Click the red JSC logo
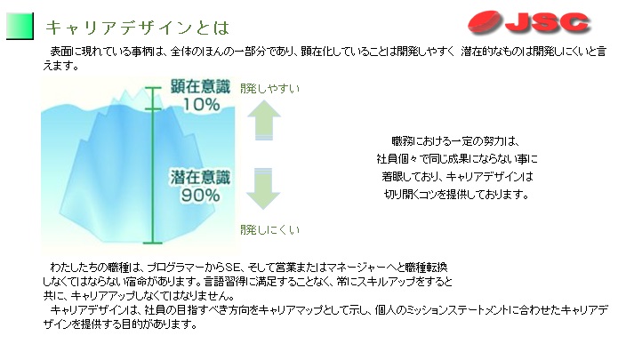click(x=528, y=23)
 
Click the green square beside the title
click(x=20, y=26)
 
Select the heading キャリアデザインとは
click(x=137, y=28)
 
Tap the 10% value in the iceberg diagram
click(x=201, y=104)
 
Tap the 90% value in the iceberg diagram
click(x=201, y=195)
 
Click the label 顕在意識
click(x=200, y=86)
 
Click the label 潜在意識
click(x=200, y=177)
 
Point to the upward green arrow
click(x=264, y=120)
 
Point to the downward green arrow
click(x=263, y=188)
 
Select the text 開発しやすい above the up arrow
click(x=270, y=89)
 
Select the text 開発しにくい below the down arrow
click(x=270, y=229)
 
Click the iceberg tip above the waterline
click(x=130, y=97)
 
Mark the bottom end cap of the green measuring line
click(x=153, y=243)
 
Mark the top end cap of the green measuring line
click(x=153, y=88)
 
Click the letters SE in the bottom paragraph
click(x=232, y=268)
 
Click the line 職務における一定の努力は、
click(x=455, y=141)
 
